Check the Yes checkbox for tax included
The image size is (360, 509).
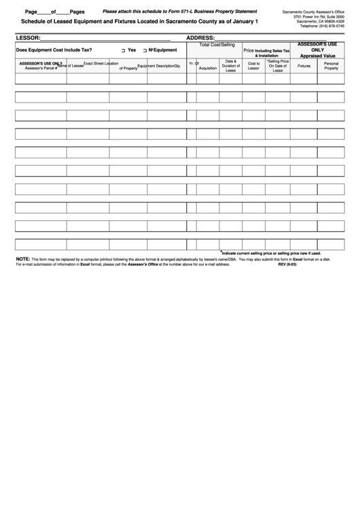pos(123,51)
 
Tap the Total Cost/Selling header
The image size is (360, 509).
pos(217,44)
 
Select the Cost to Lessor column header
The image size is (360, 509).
pos(254,66)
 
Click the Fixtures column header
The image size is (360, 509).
pos(304,66)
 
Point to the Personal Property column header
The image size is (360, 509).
pos(331,66)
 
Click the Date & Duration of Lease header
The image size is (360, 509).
pos(230,65)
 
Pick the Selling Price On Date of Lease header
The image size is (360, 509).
pos(278,65)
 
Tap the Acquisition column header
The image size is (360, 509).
pos(208,69)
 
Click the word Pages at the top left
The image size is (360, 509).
pos(77,12)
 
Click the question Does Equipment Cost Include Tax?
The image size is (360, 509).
pos(54,50)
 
